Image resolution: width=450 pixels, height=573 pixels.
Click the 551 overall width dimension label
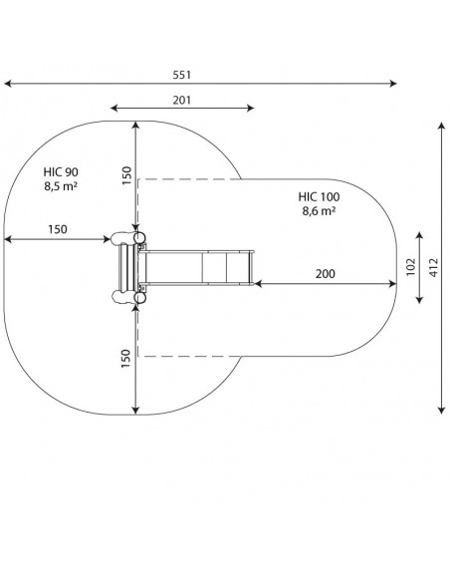182,75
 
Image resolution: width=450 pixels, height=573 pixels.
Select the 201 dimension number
182,100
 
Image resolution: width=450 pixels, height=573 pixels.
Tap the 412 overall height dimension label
434,267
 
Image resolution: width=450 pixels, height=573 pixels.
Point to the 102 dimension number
411,267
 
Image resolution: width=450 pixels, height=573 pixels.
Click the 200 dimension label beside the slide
326,274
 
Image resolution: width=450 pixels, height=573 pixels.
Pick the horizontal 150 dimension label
58,229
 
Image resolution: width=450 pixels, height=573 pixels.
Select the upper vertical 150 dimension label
126,175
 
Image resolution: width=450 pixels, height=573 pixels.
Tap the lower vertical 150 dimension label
125,359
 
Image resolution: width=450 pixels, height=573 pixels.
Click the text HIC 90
61,172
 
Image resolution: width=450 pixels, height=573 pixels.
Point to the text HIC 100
319,197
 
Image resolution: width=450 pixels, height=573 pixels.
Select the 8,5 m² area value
61,186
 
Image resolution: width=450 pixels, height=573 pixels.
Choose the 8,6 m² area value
319,211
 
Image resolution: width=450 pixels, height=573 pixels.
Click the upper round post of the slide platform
139,238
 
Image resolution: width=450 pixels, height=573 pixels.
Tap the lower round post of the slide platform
139,298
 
